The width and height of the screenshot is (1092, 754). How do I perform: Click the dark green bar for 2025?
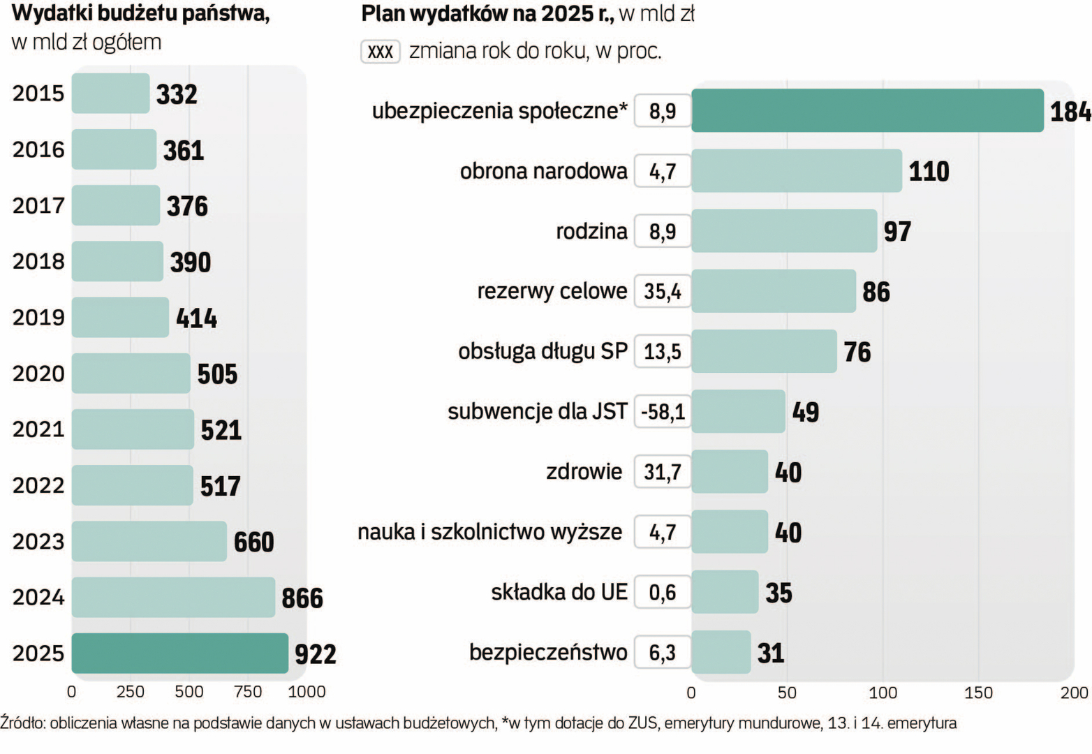tap(179, 653)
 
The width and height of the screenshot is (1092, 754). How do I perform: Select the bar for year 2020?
tap(131, 374)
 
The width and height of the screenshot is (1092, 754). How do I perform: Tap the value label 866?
tap(302, 598)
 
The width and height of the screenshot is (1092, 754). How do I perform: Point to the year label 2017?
tap(38, 205)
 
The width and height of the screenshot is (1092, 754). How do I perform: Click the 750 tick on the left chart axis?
tap(248, 692)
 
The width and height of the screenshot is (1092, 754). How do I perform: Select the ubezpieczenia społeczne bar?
tap(867, 110)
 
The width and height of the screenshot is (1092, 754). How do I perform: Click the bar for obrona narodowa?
tap(796, 171)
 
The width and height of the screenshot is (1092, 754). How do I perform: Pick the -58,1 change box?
tap(663, 412)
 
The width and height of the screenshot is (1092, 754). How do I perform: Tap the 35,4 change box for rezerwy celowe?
tap(663, 291)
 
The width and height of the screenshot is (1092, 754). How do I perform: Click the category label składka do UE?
tap(559, 592)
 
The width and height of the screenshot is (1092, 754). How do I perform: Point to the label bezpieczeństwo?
tap(548, 653)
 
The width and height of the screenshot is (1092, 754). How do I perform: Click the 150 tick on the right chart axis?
tap(978, 693)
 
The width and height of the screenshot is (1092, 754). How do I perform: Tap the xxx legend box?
tap(381, 52)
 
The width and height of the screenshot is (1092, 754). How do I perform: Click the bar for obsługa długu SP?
tap(764, 351)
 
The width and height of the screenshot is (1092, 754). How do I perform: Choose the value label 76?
tap(857, 352)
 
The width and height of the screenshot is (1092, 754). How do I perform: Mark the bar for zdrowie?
tap(730, 472)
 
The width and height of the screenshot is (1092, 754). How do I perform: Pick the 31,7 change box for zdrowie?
tap(663, 472)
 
